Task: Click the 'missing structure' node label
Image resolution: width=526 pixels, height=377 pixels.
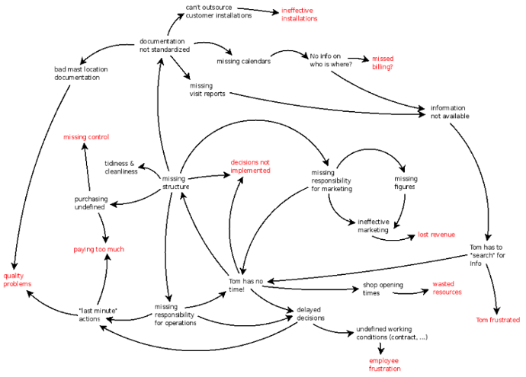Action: point(175,183)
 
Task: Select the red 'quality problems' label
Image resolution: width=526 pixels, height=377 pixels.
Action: point(17,280)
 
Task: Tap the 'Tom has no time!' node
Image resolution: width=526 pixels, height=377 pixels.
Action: point(245,285)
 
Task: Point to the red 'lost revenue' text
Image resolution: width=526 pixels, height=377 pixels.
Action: point(436,235)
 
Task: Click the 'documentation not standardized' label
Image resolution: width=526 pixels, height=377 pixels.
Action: point(165,45)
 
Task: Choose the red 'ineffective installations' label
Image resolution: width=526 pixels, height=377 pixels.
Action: point(300,14)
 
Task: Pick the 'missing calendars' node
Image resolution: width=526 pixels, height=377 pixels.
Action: point(243,62)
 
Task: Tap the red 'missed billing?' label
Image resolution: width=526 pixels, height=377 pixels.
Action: point(383,62)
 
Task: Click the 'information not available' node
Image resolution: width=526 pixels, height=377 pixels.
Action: point(450,112)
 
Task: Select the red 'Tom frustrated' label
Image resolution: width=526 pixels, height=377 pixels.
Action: point(498,320)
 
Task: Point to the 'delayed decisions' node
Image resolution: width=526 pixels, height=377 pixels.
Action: point(310,314)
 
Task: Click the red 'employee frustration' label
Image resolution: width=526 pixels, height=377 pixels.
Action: point(384,365)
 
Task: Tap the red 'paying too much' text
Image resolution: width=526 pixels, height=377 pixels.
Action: point(99,249)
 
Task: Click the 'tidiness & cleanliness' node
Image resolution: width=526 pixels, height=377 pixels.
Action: point(121,168)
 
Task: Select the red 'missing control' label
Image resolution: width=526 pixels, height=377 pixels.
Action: point(86,137)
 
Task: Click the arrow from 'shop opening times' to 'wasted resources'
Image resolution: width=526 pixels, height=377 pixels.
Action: point(411,293)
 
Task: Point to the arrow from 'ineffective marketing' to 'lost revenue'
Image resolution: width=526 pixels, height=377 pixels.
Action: point(393,239)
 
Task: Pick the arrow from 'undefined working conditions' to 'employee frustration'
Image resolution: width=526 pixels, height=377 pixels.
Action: point(380,349)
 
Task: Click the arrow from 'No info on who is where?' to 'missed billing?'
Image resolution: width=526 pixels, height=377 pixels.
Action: point(358,59)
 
